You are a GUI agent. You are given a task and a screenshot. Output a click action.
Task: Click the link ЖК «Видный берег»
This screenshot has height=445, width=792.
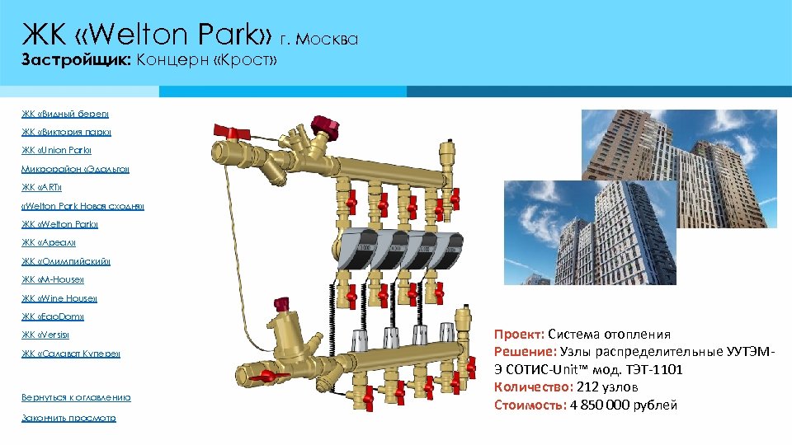tap(65, 114)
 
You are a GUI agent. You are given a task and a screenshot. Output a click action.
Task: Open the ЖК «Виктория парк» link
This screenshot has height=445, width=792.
tap(66, 132)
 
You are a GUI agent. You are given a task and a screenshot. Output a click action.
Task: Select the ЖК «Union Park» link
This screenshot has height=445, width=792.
tap(57, 151)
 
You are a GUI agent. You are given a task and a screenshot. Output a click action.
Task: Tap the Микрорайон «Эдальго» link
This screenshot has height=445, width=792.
tap(75, 169)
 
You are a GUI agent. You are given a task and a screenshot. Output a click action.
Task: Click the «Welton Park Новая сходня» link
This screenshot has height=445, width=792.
tap(82, 206)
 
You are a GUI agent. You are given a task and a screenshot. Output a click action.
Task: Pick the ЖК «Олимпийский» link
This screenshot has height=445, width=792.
tap(66, 261)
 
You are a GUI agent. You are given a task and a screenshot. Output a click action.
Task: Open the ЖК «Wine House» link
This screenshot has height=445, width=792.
tap(59, 298)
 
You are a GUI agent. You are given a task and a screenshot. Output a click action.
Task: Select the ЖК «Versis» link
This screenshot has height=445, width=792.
tap(45, 335)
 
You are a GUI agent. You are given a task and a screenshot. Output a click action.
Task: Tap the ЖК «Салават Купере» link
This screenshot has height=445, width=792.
tap(71, 354)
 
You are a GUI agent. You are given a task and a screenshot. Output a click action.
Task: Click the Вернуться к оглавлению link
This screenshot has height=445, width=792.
tap(76, 397)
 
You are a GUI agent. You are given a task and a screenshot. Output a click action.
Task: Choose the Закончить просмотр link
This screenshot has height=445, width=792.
tap(68, 418)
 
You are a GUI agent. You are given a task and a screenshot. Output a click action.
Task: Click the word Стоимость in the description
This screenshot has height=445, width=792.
tap(528, 405)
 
